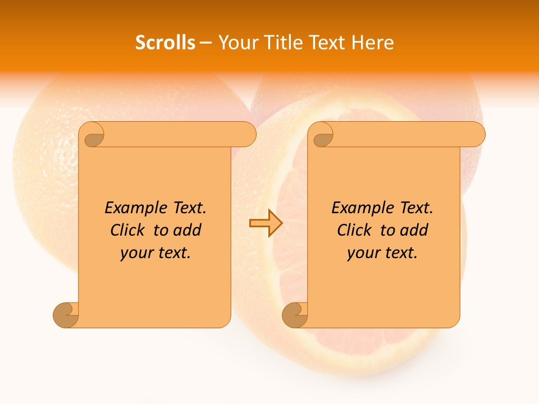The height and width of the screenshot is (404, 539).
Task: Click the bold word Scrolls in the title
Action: point(165,43)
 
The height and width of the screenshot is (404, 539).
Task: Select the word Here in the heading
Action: point(373,43)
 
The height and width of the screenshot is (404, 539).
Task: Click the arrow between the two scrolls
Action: point(266,223)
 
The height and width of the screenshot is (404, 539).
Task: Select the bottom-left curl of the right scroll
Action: point(295,315)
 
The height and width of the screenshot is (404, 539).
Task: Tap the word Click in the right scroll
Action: point(354,231)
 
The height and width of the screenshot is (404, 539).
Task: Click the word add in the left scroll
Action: point(188,231)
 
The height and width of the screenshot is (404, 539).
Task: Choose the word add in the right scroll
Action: point(415,231)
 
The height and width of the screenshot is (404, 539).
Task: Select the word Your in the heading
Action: point(236,43)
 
